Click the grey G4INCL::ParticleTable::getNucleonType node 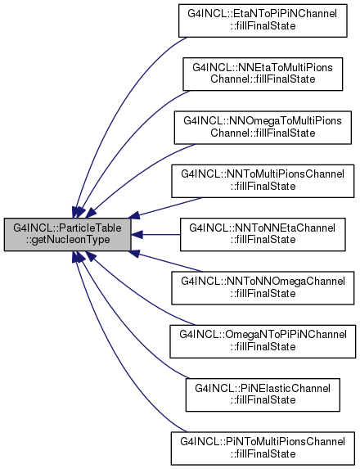[67, 234]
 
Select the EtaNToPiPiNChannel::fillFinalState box [263, 20]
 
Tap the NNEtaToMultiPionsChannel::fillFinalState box [263, 74]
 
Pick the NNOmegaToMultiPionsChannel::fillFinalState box [263, 128]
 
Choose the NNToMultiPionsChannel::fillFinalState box [263, 181]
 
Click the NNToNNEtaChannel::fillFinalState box [263, 234]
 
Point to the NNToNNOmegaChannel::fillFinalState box [263, 288]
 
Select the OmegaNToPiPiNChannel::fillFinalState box [263, 341]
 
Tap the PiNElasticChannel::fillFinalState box [263, 395]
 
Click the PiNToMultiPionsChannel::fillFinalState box [263, 449]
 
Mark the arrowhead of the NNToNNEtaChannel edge [137, 234]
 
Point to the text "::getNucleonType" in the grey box [68, 240]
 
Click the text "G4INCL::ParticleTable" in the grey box [67, 228]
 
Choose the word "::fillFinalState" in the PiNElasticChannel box [263, 400]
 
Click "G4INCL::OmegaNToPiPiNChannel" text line [263, 335]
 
